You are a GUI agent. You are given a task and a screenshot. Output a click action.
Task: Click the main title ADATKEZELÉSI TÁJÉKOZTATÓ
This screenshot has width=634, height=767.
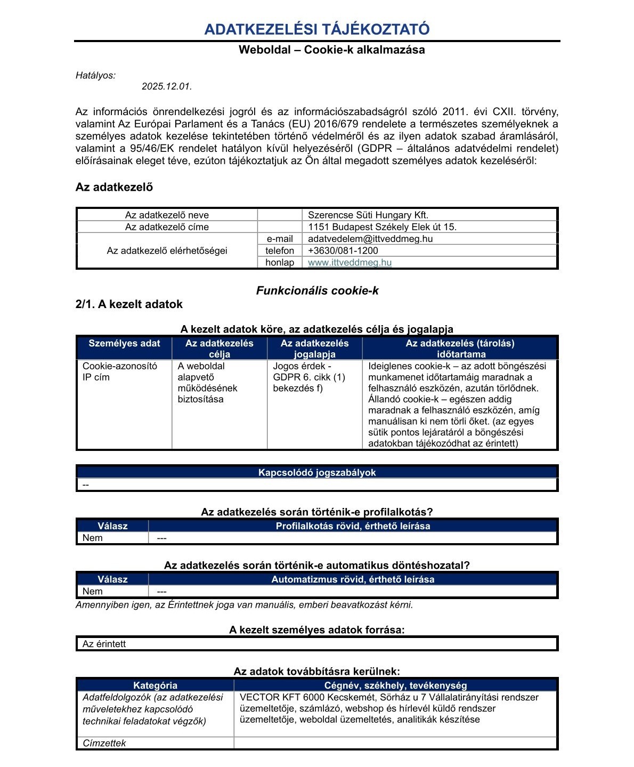(316, 29)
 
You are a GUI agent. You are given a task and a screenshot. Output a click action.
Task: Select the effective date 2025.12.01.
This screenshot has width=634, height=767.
(167, 86)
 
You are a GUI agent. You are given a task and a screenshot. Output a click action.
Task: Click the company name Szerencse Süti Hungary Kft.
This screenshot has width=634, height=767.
(368, 215)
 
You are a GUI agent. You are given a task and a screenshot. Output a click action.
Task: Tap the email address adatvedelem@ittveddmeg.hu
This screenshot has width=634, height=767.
(370, 239)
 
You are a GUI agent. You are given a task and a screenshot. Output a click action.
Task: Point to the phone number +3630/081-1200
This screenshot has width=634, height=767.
(343, 251)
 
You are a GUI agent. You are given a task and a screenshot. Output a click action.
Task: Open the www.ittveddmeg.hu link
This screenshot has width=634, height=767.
(349, 262)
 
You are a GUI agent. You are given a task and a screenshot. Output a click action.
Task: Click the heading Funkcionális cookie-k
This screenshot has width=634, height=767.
(317, 290)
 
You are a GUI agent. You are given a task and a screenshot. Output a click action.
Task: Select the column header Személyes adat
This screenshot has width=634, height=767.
(124, 343)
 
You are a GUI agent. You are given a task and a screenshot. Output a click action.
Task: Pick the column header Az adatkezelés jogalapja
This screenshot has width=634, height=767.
(314, 349)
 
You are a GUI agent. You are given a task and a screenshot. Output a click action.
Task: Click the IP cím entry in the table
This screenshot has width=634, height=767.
(96, 377)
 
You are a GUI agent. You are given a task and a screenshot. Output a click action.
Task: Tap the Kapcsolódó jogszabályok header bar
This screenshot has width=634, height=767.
(317, 473)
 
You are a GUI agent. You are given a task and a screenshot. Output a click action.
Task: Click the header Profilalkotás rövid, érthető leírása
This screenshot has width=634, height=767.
(353, 526)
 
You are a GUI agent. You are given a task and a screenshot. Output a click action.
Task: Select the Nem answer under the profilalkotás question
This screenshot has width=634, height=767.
(93, 538)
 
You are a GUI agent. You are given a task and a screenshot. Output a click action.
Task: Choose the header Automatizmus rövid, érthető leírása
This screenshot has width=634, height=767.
(353, 579)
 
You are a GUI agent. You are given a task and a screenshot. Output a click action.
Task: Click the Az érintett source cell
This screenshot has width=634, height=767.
(104, 644)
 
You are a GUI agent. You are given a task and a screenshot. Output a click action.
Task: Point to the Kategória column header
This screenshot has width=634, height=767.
(155, 685)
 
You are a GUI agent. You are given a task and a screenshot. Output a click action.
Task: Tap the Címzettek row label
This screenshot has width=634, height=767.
(104, 743)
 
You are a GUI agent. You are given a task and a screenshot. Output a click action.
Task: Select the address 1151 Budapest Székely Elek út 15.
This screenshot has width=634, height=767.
(382, 227)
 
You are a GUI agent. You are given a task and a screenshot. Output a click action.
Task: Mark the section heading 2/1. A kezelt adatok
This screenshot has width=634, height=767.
(129, 304)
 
